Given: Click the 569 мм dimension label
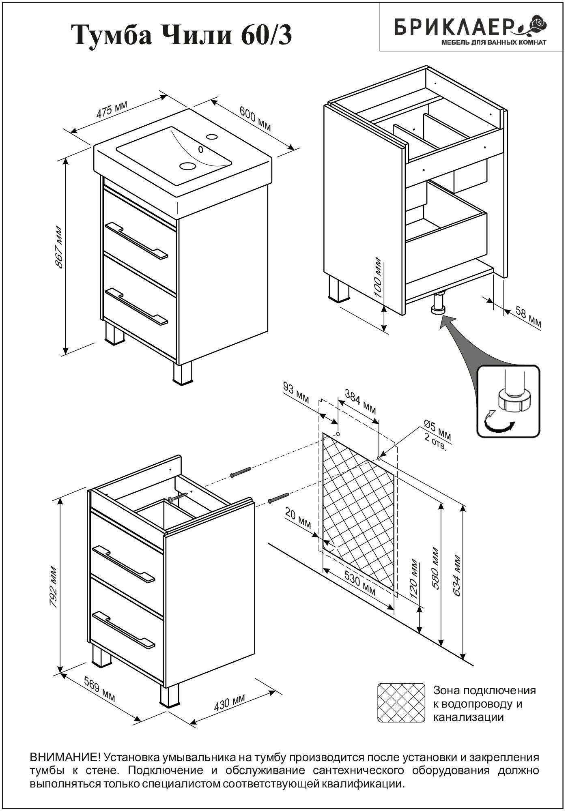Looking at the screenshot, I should click(x=100, y=690).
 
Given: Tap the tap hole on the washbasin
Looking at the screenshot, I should click(x=211, y=137).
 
